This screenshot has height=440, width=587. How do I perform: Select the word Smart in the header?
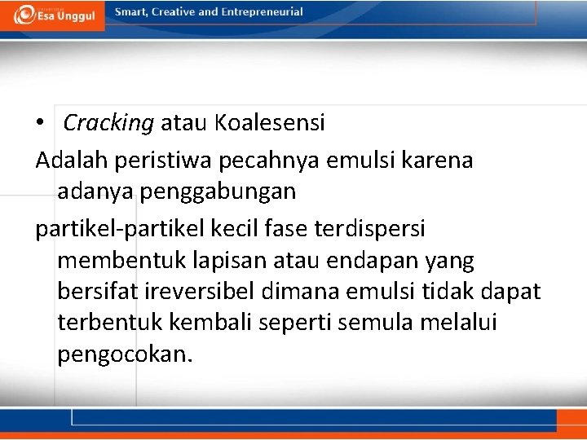pos(131,12)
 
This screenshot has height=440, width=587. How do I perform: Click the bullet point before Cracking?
pos(40,123)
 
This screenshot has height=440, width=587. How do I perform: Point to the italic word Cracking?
pos(108,123)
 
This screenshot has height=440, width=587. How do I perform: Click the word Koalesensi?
pos(270,123)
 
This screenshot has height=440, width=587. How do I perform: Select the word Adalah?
pos(71,160)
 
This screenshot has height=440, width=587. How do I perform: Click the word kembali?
pos(211,323)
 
